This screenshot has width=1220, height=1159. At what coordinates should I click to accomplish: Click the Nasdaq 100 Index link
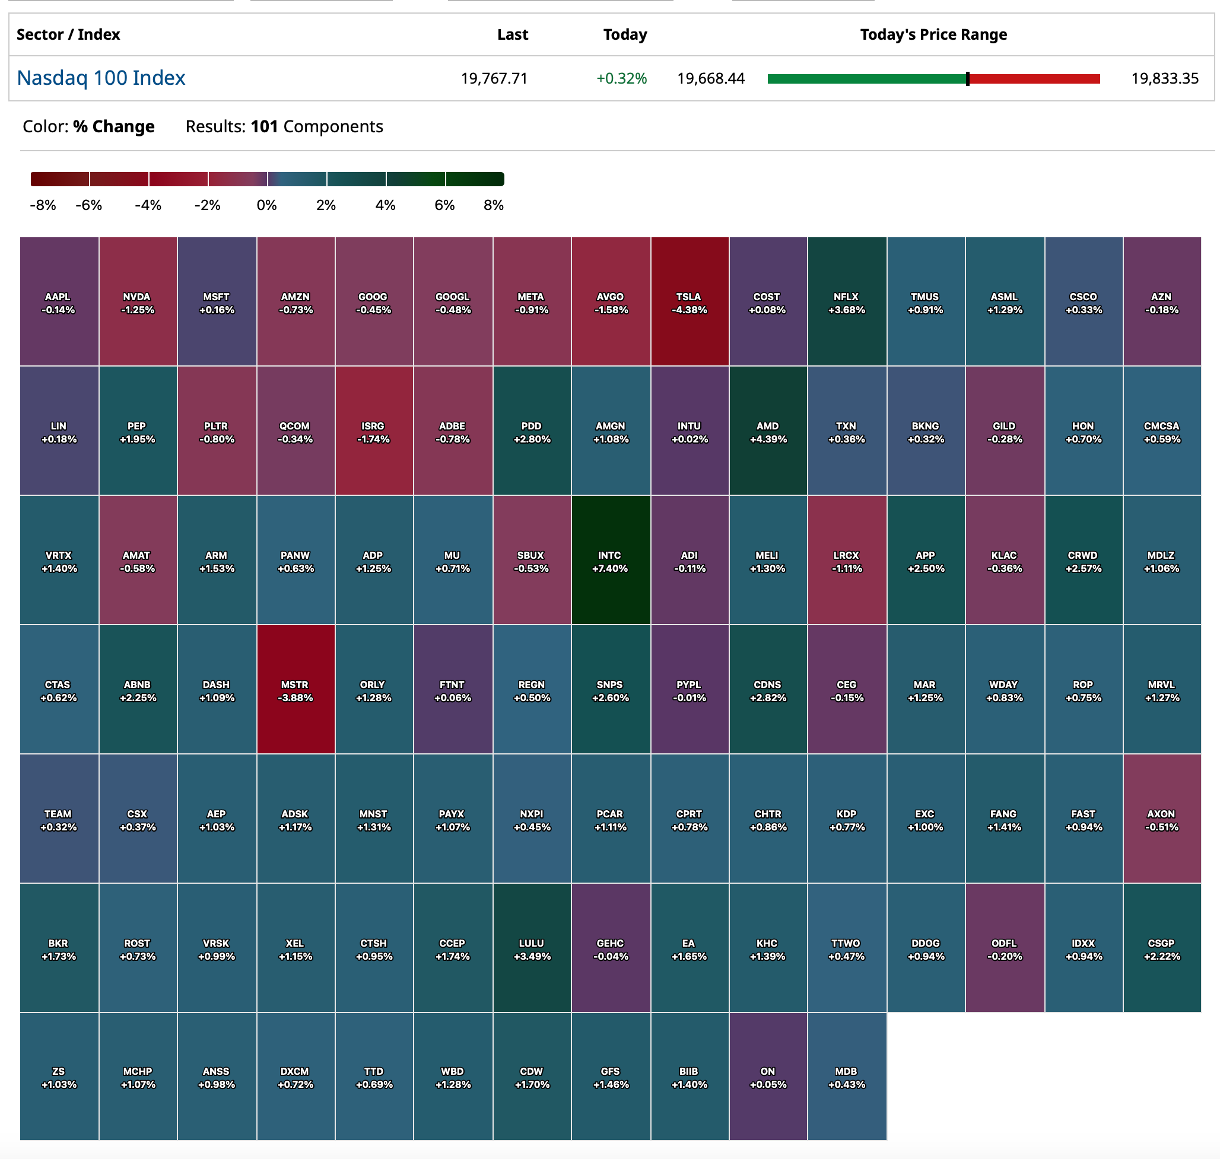[x=101, y=78]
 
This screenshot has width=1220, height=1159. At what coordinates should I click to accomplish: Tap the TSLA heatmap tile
[x=689, y=301]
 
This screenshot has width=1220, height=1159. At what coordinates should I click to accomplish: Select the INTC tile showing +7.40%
[x=610, y=560]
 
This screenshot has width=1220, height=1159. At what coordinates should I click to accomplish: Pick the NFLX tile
[x=847, y=301]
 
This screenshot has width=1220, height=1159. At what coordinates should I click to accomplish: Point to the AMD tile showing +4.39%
[x=768, y=431]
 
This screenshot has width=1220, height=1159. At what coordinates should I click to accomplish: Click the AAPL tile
[x=59, y=301]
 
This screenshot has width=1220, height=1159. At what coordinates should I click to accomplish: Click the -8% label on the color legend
[x=43, y=205]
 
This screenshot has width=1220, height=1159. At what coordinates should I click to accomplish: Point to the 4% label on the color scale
[x=385, y=205]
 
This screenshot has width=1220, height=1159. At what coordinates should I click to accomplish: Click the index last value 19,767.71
[x=494, y=78]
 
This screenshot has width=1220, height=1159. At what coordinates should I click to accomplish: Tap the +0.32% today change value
[x=621, y=78]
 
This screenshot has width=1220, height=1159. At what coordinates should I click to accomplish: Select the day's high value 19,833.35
[x=1164, y=78]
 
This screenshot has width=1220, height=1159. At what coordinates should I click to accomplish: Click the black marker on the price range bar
[x=967, y=78]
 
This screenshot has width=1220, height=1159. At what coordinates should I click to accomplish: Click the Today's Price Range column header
[x=933, y=34]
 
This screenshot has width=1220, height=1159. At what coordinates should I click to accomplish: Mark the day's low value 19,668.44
[x=711, y=78]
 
